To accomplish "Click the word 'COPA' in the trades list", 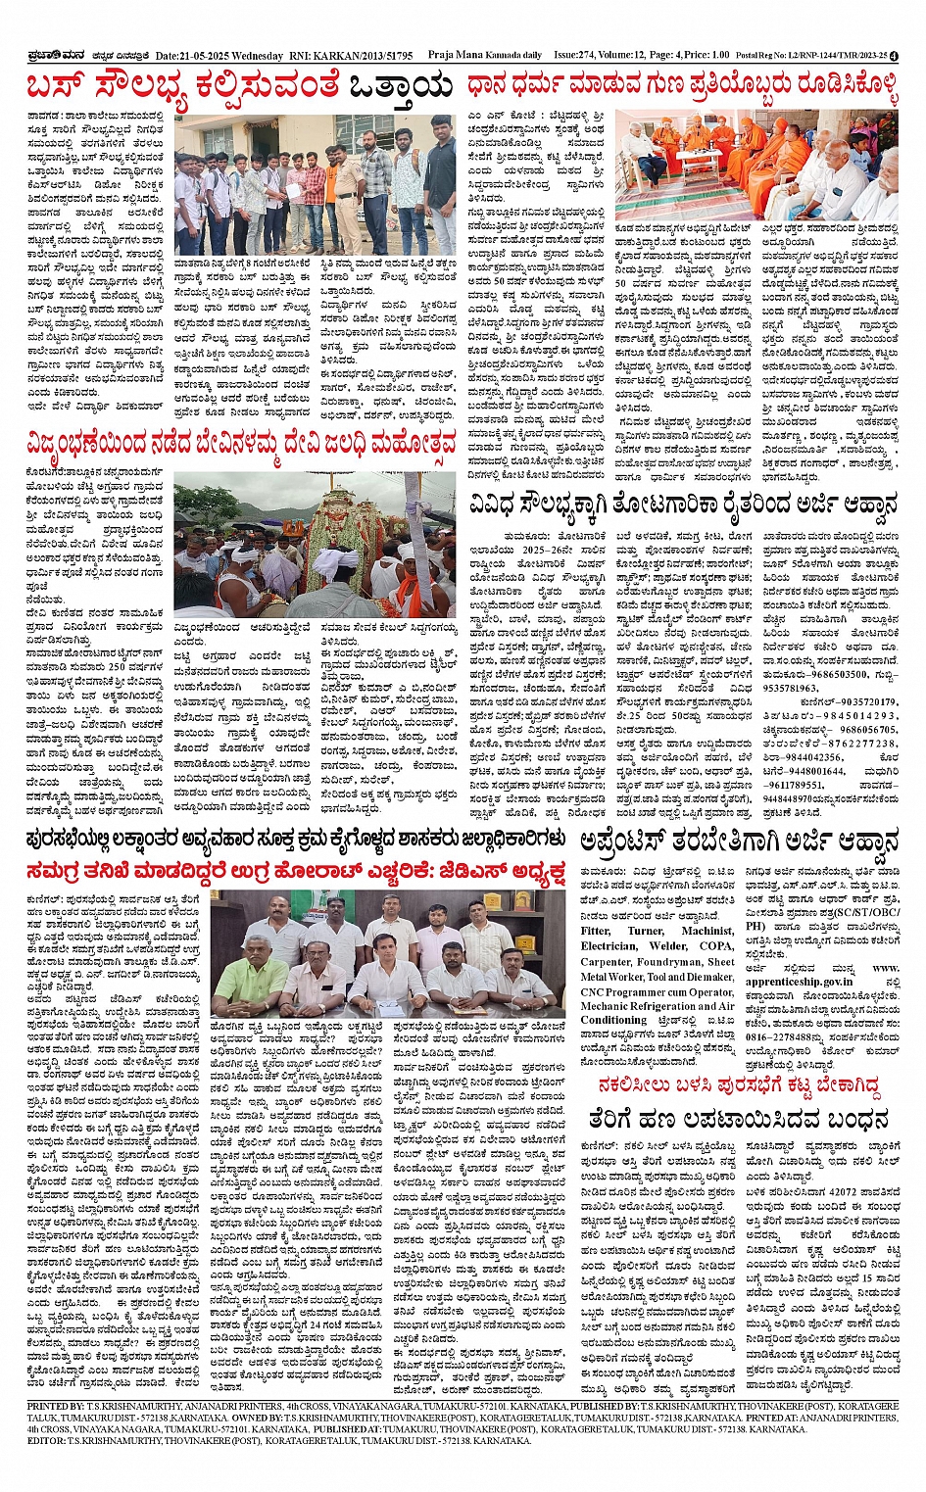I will (x=717, y=946).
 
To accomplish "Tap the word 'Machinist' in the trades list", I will (x=707, y=931).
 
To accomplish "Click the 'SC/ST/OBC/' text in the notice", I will (x=855, y=912).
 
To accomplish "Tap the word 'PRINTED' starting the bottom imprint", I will (x=49, y=1406).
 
